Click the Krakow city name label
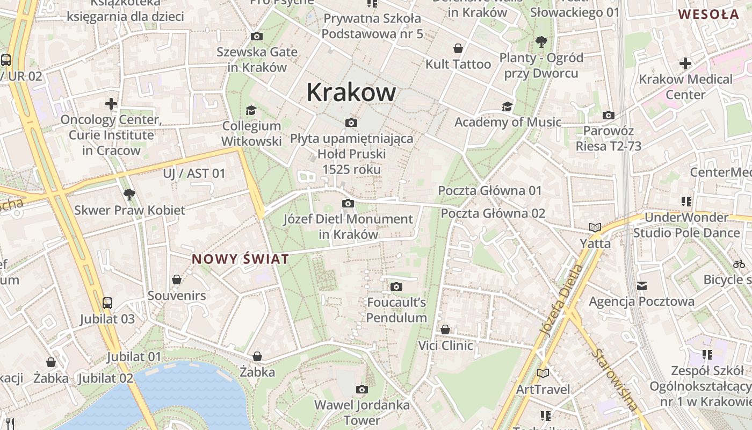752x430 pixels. point(351,92)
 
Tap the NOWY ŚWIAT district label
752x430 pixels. point(240,259)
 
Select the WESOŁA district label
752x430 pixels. point(708,15)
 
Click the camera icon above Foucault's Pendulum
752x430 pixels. point(396,286)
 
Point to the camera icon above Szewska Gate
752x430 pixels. point(257,36)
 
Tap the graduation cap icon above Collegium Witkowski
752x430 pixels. point(251,110)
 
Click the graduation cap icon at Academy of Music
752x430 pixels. point(507,106)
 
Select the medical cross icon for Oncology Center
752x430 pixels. point(111,103)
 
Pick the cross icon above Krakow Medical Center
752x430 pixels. point(685,63)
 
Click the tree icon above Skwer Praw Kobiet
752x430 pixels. point(129,194)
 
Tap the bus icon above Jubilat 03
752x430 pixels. point(107,303)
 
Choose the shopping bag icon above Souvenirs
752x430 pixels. point(176,279)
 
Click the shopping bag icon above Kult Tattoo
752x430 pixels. point(458,48)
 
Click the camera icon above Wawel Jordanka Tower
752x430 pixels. point(362,389)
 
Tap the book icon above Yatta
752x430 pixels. point(595,227)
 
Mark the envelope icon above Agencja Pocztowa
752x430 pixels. point(641,285)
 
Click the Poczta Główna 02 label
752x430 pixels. point(493,213)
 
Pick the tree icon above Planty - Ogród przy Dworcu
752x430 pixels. point(541,41)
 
